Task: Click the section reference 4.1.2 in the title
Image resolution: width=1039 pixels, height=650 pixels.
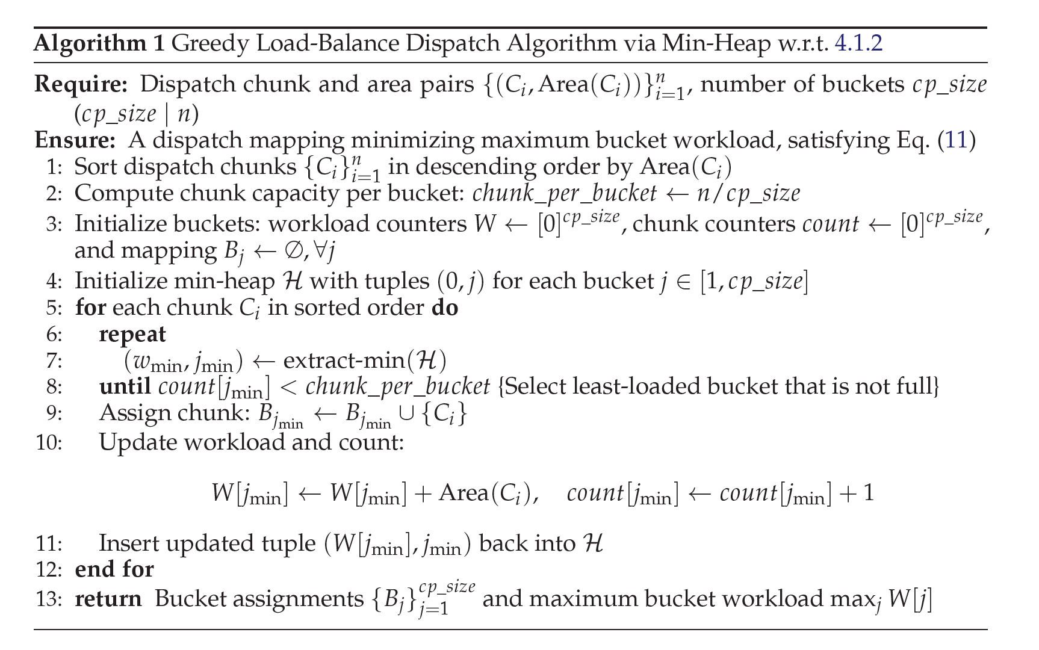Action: [858, 43]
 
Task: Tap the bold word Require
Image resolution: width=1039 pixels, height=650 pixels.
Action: [80, 85]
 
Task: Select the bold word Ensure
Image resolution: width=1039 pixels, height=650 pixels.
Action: [75, 140]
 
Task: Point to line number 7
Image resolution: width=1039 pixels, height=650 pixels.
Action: [54, 361]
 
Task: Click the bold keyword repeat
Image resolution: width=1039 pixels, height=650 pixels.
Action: [132, 335]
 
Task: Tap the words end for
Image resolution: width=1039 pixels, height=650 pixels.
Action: [114, 569]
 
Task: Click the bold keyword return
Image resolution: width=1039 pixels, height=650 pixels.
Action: [108, 599]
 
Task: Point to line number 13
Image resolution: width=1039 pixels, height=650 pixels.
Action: [49, 599]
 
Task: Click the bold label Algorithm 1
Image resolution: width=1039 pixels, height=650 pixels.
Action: [99, 43]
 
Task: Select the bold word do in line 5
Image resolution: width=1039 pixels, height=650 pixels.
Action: [445, 308]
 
